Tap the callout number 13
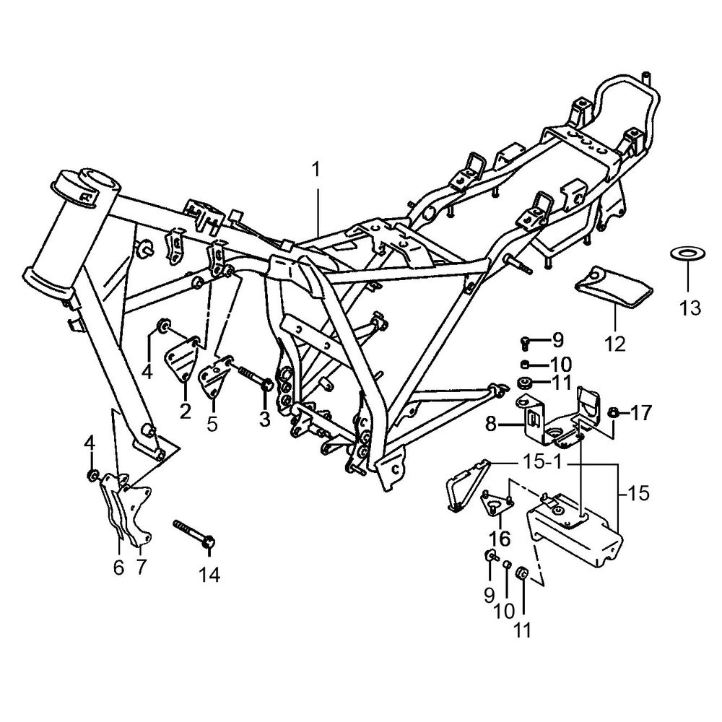coord(690,308)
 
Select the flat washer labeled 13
coord(687,253)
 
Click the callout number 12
coord(615,344)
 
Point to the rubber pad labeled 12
coord(614,286)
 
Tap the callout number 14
coord(209,575)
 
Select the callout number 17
coord(641,413)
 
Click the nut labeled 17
coord(613,413)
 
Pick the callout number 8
coord(491,424)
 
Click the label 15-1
coord(542,462)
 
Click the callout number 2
coord(186,412)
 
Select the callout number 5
coord(212,425)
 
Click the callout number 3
coord(264,419)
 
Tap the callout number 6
coord(118,567)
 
